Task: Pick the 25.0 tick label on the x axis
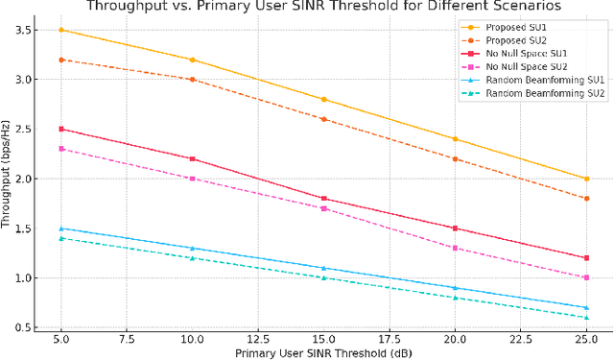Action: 586,339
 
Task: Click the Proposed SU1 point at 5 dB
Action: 60,30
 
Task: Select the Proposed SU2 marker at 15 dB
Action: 323,119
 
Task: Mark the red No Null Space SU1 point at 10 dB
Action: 192,158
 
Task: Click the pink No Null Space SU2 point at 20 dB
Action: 455,248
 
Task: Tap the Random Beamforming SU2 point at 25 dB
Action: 586,318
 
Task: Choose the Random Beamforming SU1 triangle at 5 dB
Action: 60,228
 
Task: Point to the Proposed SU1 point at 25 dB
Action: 586,179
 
